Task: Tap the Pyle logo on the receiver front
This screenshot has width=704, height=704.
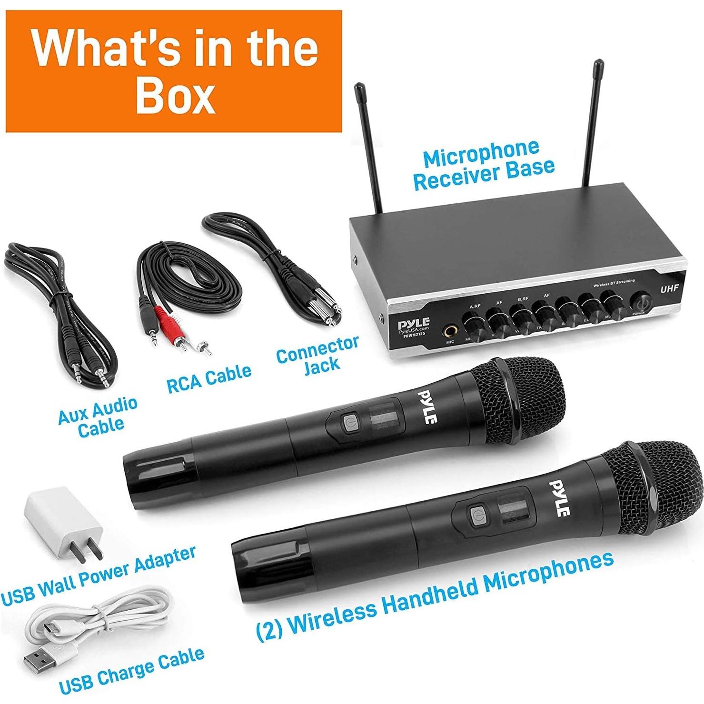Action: (414, 322)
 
